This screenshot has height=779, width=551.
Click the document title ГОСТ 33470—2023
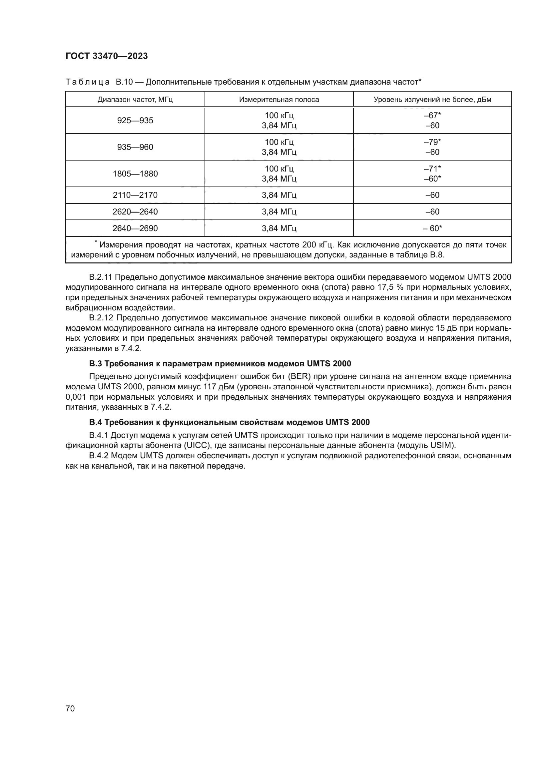(107, 56)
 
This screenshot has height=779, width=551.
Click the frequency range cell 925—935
(135, 121)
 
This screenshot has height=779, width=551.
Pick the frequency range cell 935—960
(135, 147)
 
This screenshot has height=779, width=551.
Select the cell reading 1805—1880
(135, 174)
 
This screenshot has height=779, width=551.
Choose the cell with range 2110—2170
(135, 195)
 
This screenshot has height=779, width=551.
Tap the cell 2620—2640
(135, 212)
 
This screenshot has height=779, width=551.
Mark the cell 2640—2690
(135, 228)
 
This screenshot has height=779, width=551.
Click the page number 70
(70, 708)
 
